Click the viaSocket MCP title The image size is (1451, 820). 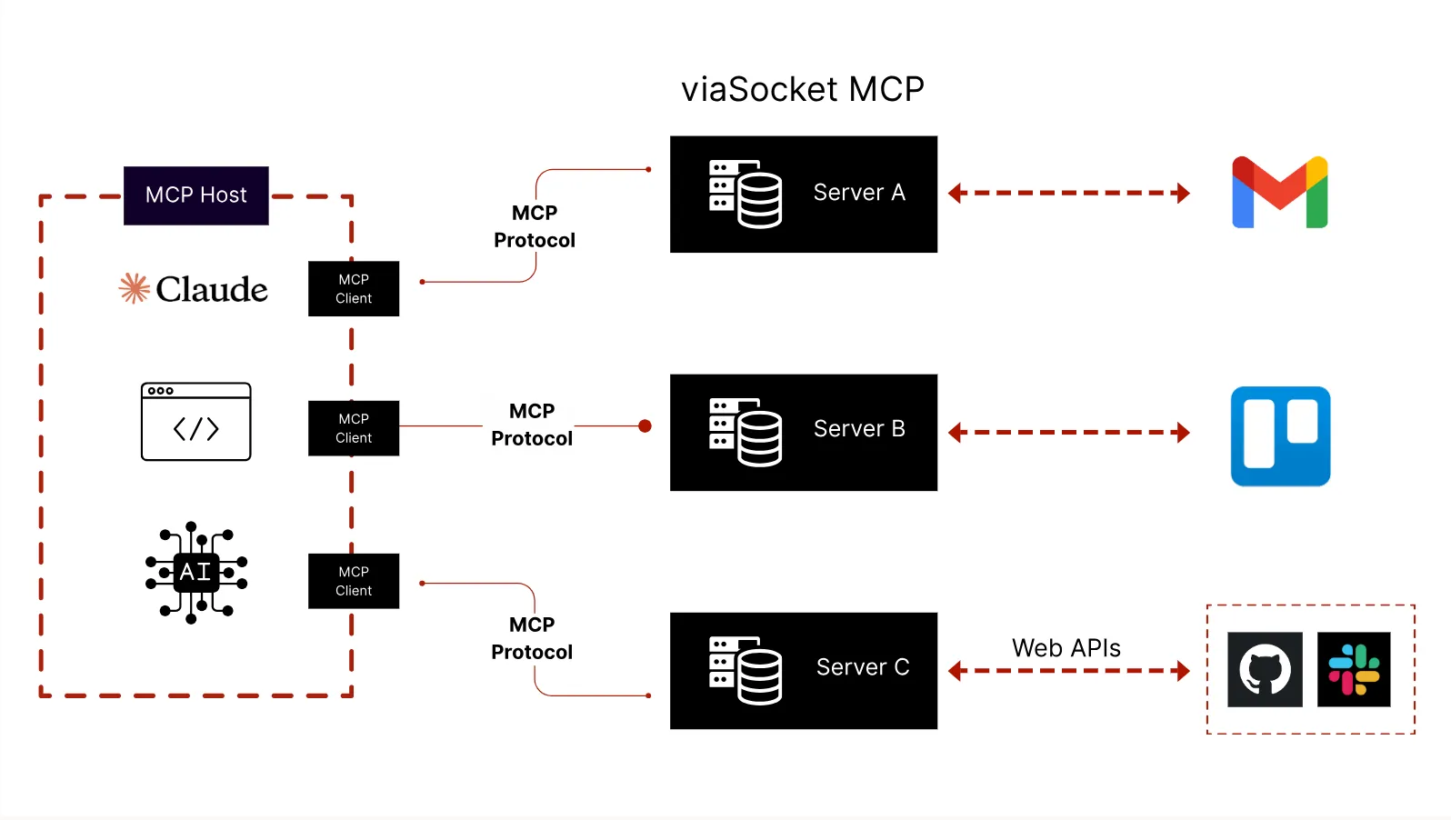tap(803, 89)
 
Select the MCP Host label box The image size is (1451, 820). tap(196, 195)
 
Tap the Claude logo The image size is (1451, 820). tap(194, 289)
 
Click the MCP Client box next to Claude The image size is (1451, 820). tap(354, 289)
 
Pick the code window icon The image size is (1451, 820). tap(196, 422)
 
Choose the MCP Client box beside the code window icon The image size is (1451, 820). tap(354, 428)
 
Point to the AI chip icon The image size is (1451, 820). tap(196, 572)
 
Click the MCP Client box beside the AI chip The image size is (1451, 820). tap(354, 581)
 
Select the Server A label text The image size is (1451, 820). tap(859, 193)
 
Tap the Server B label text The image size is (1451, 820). tap(859, 429)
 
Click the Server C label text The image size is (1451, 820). tap(863, 667)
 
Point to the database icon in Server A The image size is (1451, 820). tap(746, 194)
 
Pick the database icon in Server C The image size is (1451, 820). tap(746, 670)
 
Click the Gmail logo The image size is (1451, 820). tap(1280, 193)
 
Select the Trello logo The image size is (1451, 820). tap(1280, 436)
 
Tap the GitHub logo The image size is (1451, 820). tap(1265, 670)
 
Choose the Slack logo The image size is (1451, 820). tap(1354, 670)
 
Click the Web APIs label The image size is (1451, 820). tap(1066, 648)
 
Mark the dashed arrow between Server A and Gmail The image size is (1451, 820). tap(1069, 193)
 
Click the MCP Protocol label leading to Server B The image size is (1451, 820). tap(532, 425)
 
